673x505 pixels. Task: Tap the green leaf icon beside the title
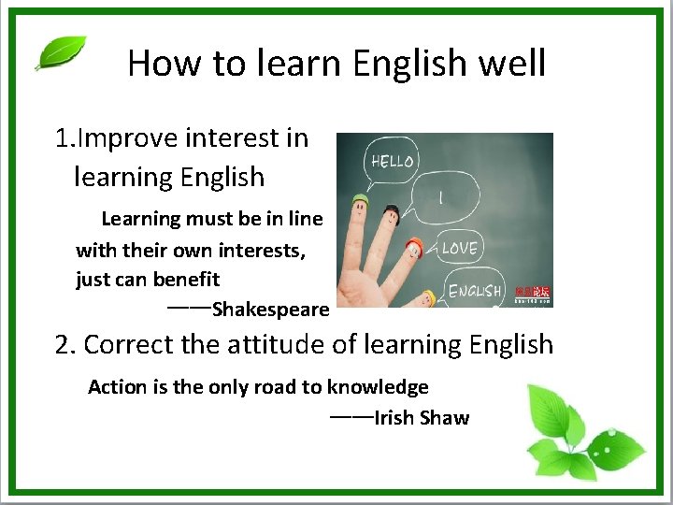click(61, 52)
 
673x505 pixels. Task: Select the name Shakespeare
click(271, 310)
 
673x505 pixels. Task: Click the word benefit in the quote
click(186, 280)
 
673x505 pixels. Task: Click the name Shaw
click(445, 418)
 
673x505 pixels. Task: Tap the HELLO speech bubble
click(393, 161)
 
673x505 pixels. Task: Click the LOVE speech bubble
click(459, 248)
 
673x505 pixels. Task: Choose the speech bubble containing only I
click(440, 197)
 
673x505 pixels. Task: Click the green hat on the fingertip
click(360, 202)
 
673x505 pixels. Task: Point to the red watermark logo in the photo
click(532, 292)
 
